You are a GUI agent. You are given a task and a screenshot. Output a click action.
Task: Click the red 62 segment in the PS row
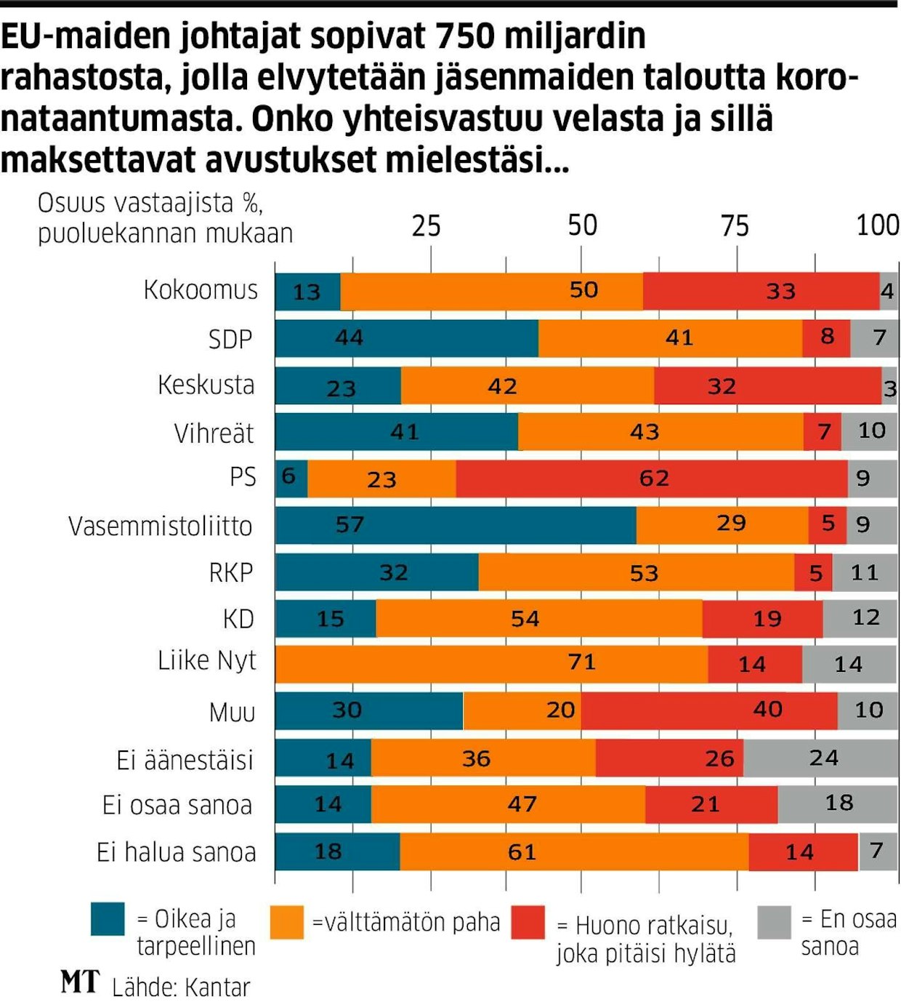click(x=652, y=478)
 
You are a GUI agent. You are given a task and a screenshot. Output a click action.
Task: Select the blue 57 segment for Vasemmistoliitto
click(x=456, y=525)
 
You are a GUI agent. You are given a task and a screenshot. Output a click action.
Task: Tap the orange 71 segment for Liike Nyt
click(x=491, y=663)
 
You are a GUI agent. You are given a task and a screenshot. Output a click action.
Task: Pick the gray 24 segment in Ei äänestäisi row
click(x=820, y=758)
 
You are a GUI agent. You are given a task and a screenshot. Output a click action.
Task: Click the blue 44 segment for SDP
click(x=406, y=338)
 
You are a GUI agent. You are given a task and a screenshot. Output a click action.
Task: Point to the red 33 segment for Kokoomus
click(x=761, y=291)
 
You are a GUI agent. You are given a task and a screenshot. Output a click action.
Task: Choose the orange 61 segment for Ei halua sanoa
click(x=574, y=851)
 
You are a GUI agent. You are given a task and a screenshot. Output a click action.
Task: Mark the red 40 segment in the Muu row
click(x=709, y=710)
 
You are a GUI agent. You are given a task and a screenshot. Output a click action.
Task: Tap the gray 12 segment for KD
click(x=860, y=618)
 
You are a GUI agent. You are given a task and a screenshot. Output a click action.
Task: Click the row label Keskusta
click(x=206, y=385)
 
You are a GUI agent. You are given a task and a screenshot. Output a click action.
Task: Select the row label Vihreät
click(x=214, y=433)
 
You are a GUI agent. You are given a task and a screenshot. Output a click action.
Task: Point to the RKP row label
click(x=231, y=572)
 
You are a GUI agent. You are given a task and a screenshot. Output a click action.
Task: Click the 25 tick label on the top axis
click(x=426, y=226)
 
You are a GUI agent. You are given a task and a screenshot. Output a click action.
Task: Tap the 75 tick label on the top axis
click(x=735, y=226)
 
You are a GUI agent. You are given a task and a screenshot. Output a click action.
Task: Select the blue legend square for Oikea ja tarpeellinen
click(x=108, y=919)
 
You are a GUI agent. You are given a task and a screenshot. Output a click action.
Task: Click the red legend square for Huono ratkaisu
click(x=528, y=922)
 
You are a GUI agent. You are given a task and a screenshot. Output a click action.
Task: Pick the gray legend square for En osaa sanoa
click(x=773, y=922)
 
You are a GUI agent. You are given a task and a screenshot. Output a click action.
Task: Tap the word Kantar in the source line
click(x=217, y=987)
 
